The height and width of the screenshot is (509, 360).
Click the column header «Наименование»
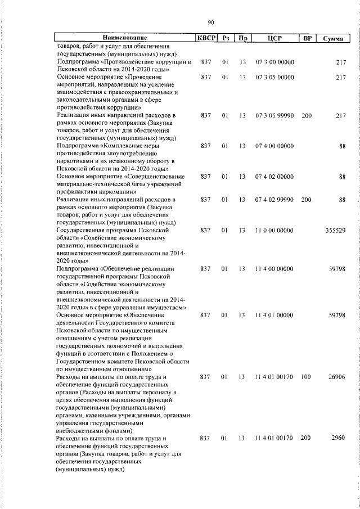pyautogui.click(x=124, y=39)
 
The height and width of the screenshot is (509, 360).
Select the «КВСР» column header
pyautogui.click(x=205, y=39)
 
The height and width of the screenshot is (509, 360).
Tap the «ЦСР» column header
pyautogui.click(x=274, y=39)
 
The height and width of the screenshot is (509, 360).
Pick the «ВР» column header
pyautogui.click(x=307, y=39)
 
